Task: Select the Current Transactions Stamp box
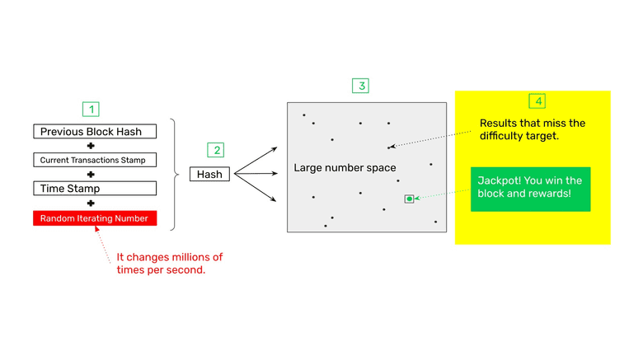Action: pos(92,160)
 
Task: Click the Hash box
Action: pos(209,175)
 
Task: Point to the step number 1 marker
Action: pos(92,109)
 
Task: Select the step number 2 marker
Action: pos(216,150)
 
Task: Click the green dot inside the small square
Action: pos(409,199)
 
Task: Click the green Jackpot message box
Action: pos(530,189)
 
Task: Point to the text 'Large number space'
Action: pos(345,168)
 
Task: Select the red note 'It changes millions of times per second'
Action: pos(169,263)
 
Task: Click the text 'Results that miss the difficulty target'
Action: pos(532,129)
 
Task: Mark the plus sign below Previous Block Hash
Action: pos(91,146)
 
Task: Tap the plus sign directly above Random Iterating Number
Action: pos(91,203)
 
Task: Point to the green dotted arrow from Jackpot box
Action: pos(442,196)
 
